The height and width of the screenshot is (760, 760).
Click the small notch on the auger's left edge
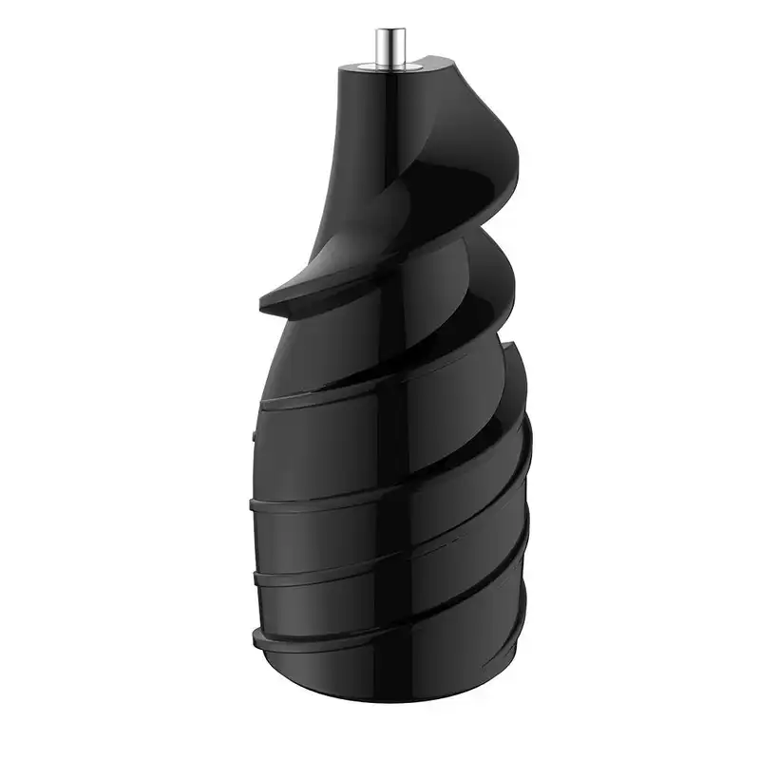coord(256,433)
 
